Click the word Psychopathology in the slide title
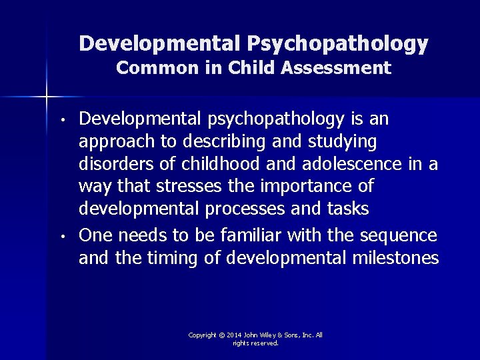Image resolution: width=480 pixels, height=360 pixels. click(338, 44)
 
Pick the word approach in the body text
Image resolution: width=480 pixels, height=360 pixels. click(111, 142)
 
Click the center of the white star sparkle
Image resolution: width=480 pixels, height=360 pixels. click(47, 97)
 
